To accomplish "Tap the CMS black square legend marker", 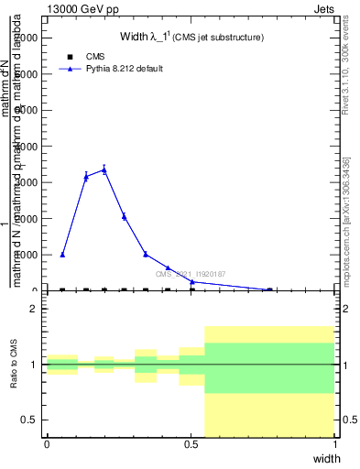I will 70,57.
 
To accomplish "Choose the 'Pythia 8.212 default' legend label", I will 124,69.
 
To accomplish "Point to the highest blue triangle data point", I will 104,169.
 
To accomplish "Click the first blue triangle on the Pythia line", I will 62,255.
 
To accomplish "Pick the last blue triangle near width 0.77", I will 269,289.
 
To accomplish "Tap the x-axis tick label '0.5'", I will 191,444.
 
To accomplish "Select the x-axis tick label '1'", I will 335,444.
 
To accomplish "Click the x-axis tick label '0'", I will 47,444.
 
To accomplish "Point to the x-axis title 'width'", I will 326,457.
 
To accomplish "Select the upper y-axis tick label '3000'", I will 26,182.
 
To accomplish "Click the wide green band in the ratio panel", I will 269,367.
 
